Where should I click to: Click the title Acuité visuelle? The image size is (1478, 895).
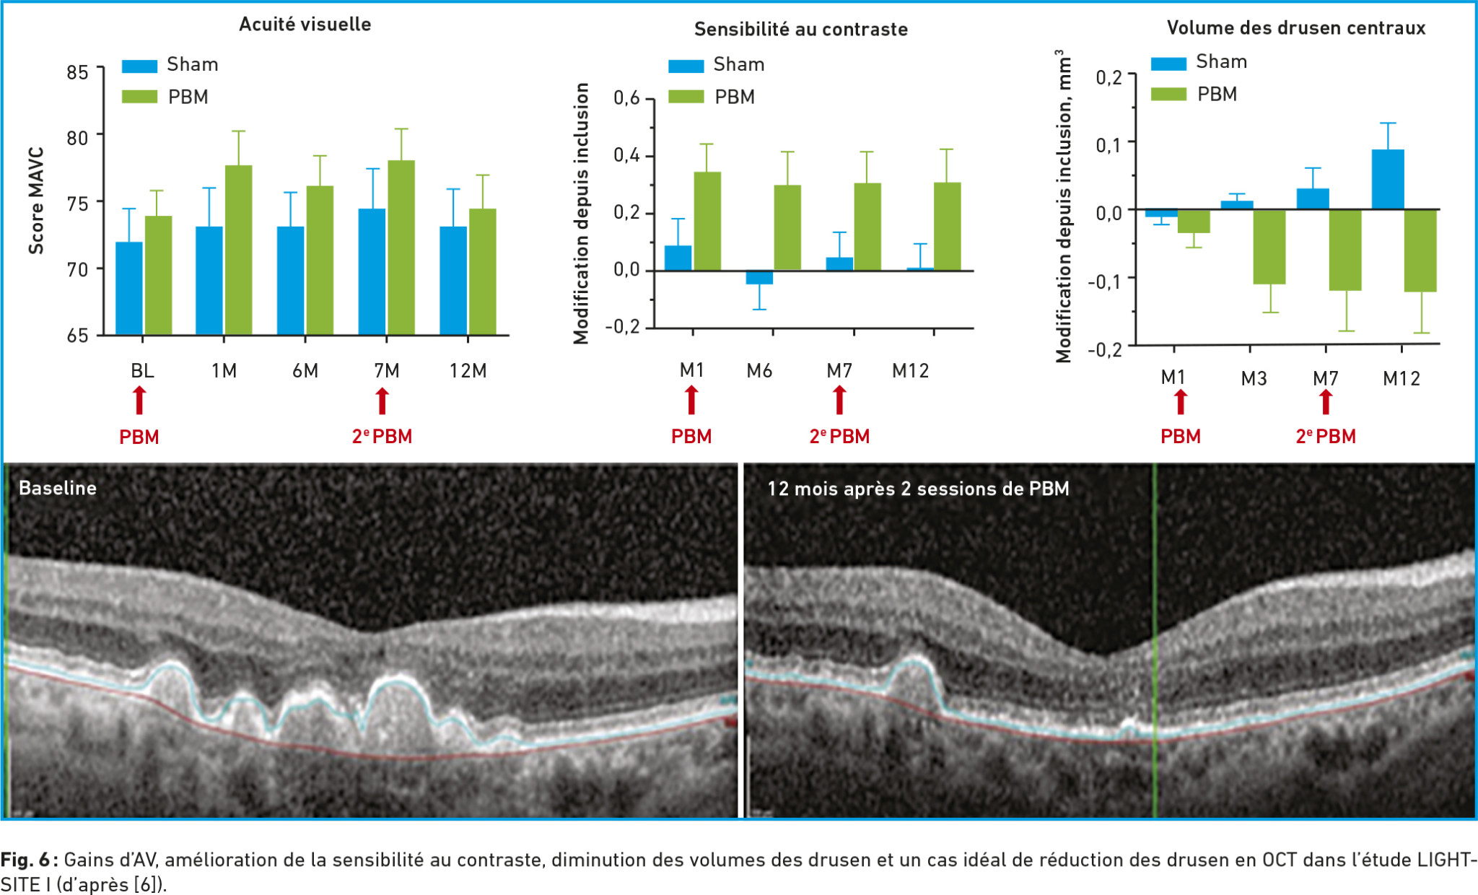[x=305, y=24]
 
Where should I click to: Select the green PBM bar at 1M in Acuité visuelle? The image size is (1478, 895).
[x=238, y=250]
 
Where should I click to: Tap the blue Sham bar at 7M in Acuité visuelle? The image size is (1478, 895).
[x=372, y=271]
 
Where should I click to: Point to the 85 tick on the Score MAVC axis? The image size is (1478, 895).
[x=77, y=72]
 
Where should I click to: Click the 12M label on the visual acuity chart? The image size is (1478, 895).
[x=468, y=371]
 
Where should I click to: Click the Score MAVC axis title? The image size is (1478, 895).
[x=36, y=201]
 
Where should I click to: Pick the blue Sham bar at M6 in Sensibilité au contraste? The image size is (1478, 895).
[x=759, y=278]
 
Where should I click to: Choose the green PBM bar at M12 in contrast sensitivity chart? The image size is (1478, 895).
[x=947, y=227]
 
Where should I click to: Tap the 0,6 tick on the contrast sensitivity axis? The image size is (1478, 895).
[x=626, y=98]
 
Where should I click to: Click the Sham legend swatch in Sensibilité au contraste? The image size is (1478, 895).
[x=686, y=66]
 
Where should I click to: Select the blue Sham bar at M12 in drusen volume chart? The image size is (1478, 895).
[x=1387, y=180]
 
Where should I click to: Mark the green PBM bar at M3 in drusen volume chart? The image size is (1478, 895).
[x=1269, y=246]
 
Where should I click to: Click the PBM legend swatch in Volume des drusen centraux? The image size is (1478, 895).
[x=1168, y=95]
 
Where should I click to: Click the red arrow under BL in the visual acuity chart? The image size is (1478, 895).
[x=139, y=401]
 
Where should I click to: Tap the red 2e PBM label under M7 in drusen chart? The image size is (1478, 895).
[x=1326, y=437]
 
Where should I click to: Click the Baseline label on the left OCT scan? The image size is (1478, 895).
[x=58, y=489]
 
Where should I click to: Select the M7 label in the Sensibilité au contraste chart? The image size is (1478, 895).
[x=839, y=371]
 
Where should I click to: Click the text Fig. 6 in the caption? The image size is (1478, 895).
[x=25, y=860]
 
